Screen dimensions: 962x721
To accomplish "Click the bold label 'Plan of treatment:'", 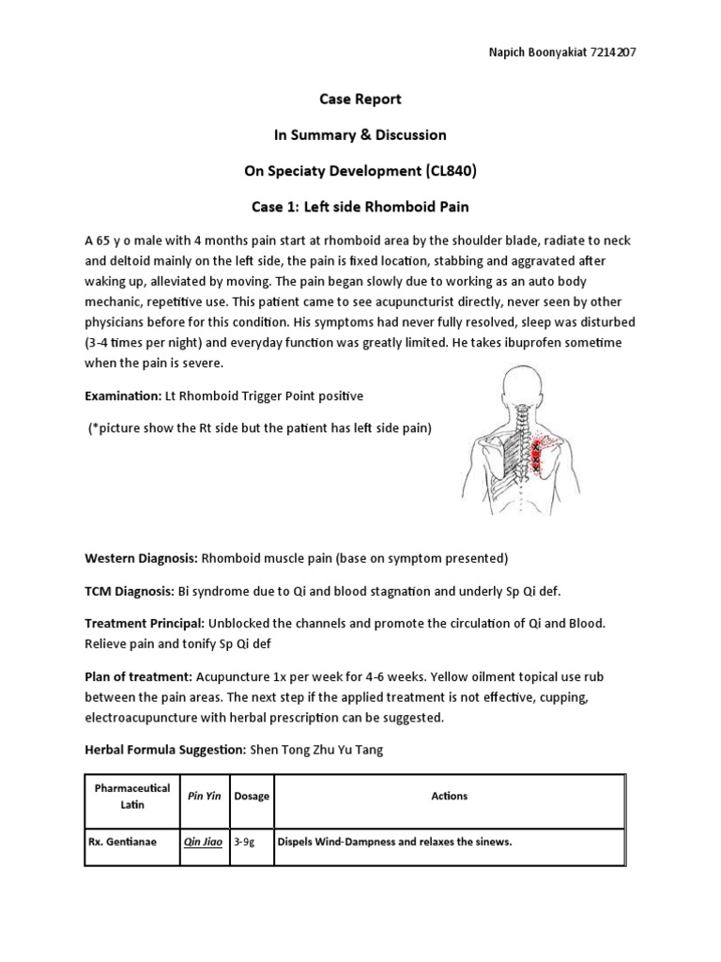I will pos(138,676).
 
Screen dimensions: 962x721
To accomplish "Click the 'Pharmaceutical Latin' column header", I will pos(130,796).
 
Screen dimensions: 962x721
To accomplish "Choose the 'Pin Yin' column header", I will pos(203,796).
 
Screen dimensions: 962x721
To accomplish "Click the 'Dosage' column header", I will pos(252,796).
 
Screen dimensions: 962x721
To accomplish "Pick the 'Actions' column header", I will pos(449,796).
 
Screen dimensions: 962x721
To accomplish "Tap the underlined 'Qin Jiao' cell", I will pos(203,842).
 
